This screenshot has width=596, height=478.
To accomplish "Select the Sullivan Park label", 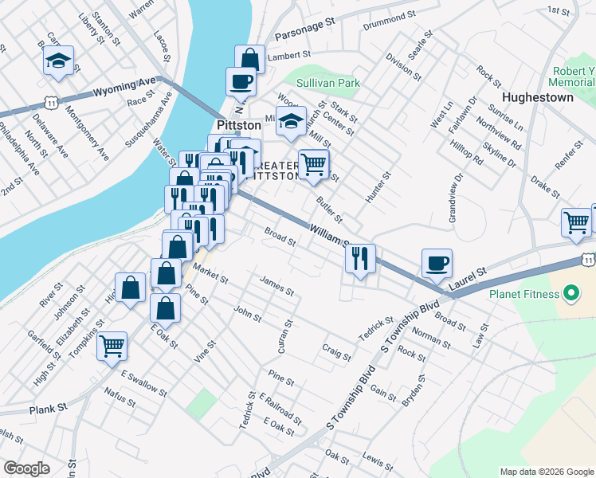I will click(328, 83).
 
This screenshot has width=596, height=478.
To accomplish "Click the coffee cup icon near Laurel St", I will click(437, 262).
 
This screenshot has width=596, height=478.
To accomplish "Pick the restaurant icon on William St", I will click(360, 257).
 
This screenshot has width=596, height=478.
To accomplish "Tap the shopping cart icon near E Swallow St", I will click(113, 345).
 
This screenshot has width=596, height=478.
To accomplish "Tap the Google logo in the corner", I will click(26, 468).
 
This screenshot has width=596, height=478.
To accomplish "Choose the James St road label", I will click(276, 284).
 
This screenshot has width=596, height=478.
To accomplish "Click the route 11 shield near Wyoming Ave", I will click(51, 103).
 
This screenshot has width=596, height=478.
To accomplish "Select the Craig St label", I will click(336, 351).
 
